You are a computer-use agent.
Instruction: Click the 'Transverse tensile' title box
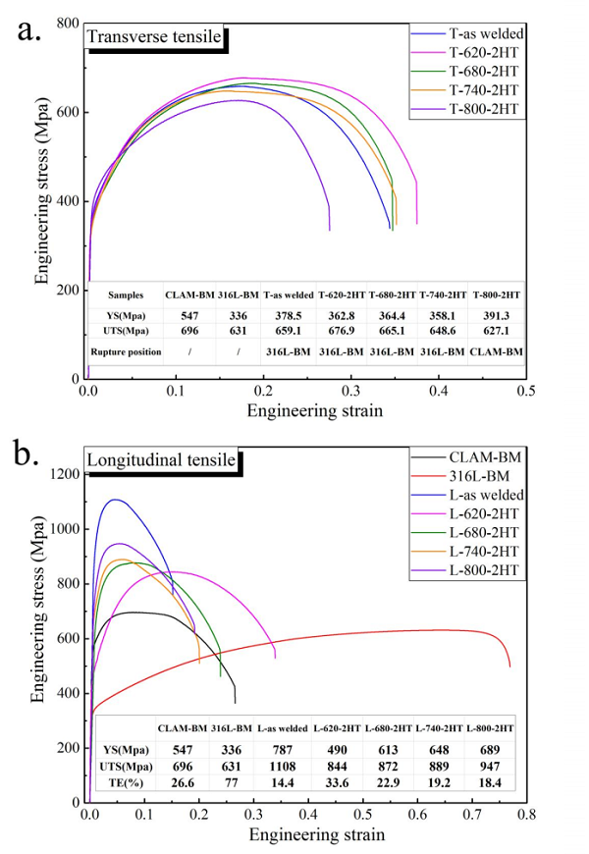click(155, 39)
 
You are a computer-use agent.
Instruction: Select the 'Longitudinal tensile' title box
click(162, 458)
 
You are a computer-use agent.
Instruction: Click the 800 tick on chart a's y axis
click(67, 24)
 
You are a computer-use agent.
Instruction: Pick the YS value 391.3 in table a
click(498, 315)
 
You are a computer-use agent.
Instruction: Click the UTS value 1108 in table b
click(284, 765)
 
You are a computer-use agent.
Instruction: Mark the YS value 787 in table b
click(284, 747)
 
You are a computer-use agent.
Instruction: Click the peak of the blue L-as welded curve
click(116, 500)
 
